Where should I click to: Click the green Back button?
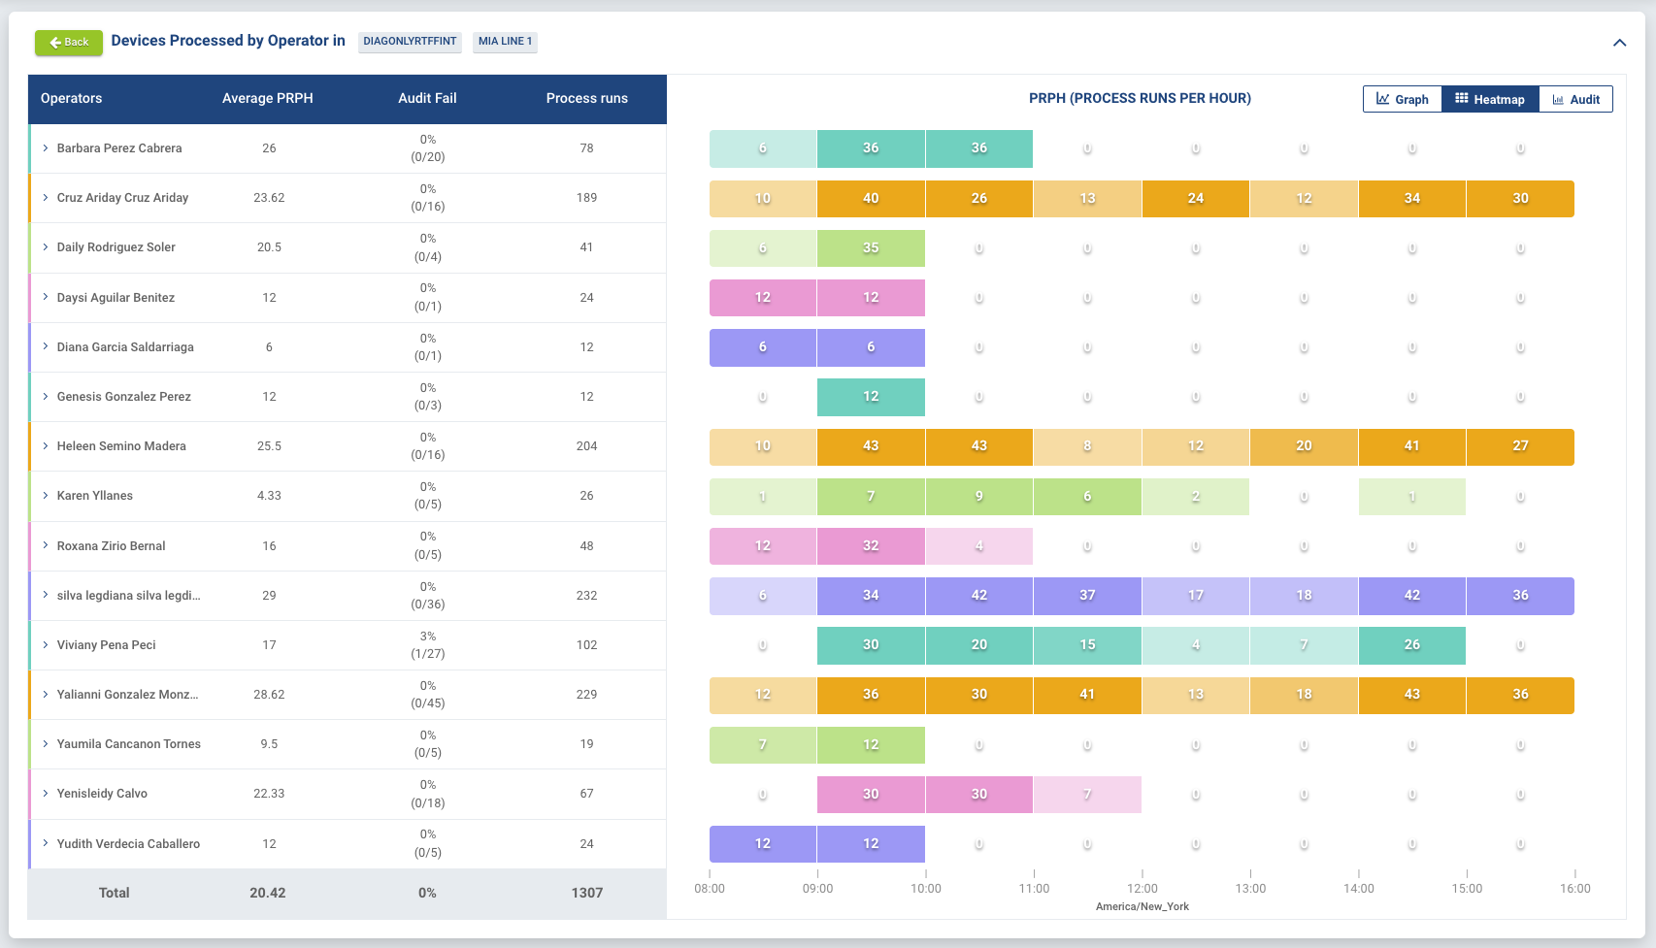tap(69, 42)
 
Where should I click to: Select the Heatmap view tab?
tap(1490, 99)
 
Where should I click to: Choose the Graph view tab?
tap(1403, 99)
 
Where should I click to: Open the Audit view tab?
tap(1575, 99)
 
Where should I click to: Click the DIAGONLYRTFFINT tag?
tap(410, 42)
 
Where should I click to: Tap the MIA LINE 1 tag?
tap(505, 42)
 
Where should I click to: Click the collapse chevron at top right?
tap(1619, 43)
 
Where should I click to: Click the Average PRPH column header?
tap(267, 98)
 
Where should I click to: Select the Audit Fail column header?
tap(427, 98)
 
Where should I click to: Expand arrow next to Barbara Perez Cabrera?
tap(46, 148)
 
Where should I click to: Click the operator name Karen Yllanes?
tap(95, 496)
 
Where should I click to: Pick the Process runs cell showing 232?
tap(586, 596)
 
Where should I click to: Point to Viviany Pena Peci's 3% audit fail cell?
tap(428, 644)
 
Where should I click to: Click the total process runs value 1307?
tap(586, 893)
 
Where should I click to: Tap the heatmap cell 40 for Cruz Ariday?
tap(871, 199)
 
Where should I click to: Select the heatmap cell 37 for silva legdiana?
tap(1087, 596)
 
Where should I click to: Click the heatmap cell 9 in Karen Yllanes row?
tap(978, 497)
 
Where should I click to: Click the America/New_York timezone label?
tap(1143, 906)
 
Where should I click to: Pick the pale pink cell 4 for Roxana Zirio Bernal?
tap(978, 546)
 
